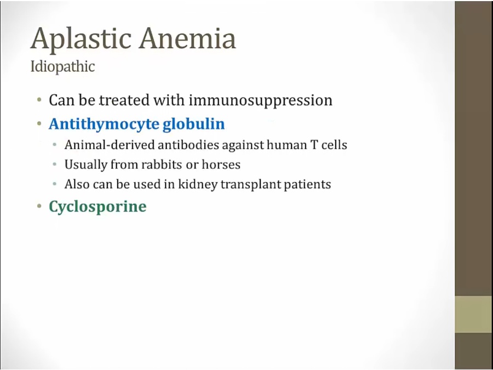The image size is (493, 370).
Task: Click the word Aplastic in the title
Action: click(x=81, y=39)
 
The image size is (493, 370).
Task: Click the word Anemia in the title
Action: click(x=188, y=38)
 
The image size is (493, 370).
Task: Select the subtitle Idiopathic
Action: click(x=62, y=67)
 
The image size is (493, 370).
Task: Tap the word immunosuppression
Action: click(x=261, y=101)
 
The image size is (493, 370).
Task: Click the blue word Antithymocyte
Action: click(x=104, y=124)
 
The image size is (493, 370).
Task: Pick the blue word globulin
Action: click(x=194, y=124)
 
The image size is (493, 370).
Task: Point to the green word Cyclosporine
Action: click(x=98, y=207)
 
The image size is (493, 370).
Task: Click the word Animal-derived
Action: click(x=110, y=145)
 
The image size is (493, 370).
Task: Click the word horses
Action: click(x=221, y=164)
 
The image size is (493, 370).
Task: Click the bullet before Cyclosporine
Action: click(x=39, y=207)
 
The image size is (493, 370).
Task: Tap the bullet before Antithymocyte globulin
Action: click(x=39, y=124)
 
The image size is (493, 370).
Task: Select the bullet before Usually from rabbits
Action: click(x=55, y=164)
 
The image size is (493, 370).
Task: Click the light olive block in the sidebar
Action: click(x=474, y=314)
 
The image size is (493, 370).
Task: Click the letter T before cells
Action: click(x=316, y=145)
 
